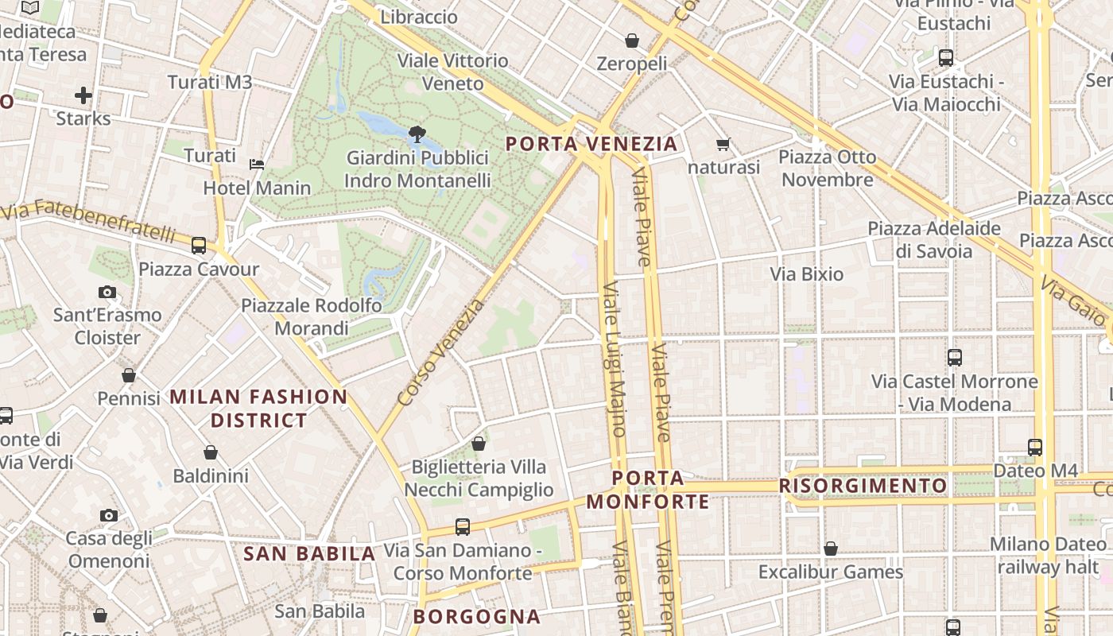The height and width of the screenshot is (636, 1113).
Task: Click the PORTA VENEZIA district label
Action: click(591, 144)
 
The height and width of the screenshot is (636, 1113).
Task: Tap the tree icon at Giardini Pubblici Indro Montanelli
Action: click(415, 134)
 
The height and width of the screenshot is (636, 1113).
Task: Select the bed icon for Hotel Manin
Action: click(257, 165)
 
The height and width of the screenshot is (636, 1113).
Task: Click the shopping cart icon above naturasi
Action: click(723, 144)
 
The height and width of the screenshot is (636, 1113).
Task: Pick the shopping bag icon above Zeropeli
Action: click(632, 40)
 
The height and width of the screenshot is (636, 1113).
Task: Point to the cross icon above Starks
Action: click(83, 95)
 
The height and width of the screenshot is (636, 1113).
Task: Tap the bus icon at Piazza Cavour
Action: click(199, 246)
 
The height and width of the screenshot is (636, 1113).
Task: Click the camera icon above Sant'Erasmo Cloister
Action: click(107, 292)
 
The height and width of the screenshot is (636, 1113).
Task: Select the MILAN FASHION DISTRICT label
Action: click(258, 408)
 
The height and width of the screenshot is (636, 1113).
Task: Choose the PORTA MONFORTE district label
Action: click(648, 490)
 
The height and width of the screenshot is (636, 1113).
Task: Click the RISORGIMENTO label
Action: click(863, 486)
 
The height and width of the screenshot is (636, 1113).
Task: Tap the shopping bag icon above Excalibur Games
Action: click(831, 549)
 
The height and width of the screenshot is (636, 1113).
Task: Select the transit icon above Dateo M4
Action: click(1035, 447)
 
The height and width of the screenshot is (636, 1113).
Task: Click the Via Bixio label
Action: click(806, 274)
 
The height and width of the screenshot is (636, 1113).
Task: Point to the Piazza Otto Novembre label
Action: click(827, 169)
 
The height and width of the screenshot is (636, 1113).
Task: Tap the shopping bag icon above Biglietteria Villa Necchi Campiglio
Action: click(479, 444)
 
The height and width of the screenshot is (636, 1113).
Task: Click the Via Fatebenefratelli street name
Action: click(89, 223)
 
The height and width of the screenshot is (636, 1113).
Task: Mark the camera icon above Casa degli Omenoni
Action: click(108, 515)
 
